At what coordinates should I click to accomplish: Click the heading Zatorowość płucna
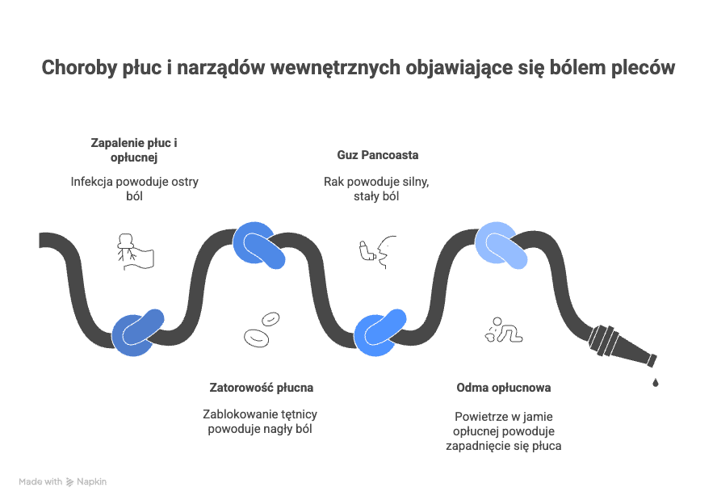(261, 387)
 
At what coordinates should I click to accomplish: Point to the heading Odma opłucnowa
(503, 388)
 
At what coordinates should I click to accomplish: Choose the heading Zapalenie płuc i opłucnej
(133, 149)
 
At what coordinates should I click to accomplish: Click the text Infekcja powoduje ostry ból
(134, 189)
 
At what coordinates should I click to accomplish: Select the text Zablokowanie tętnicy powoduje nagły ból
(260, 421)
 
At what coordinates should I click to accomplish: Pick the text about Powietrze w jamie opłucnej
(503, 431)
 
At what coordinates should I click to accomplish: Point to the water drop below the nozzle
(655, 380)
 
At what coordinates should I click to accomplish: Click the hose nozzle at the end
(623, 346)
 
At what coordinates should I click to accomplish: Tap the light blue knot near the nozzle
(501, 246)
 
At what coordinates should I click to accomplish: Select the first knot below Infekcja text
(137, 331)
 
